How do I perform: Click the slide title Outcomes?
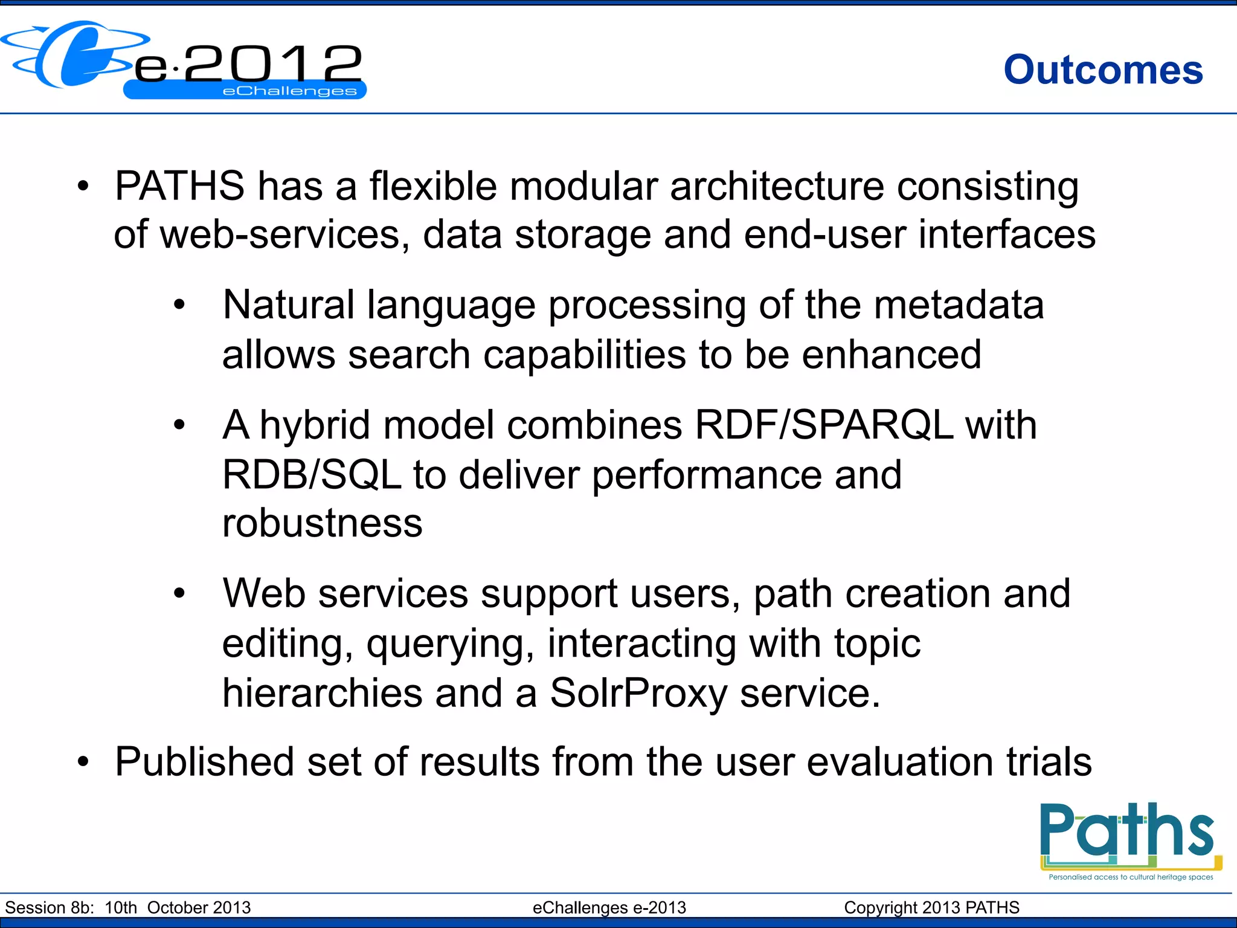(x=1103, y=70)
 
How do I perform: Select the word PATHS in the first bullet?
(x=179, y=186)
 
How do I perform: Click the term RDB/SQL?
(x=311, y=475)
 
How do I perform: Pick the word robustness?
(x=322, y=523)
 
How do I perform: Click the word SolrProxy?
(x=638, y=693)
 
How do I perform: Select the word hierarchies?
(x=322, y=693)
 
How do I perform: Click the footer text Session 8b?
(x=50, y=907)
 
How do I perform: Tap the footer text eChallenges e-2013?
(x=609, y=907)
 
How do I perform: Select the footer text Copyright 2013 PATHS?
(x=931, y=907)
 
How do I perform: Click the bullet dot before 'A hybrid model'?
(x=179, y=425)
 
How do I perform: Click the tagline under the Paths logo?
(x=1131, y=877)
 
